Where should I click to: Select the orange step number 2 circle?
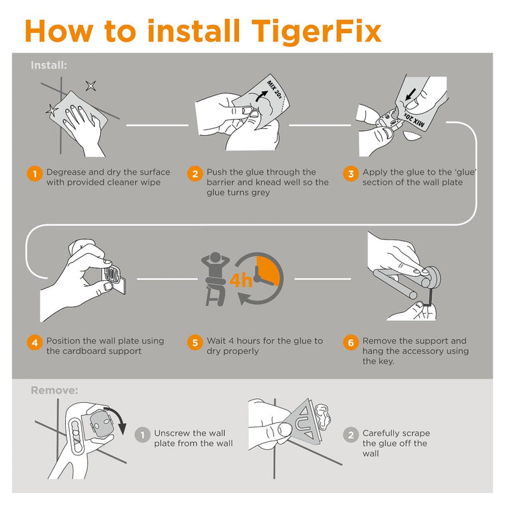pos(195,174)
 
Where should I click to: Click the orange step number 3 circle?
pos(350,174)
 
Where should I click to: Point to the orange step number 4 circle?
pos(34,342)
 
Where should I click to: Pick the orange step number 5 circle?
pos(195,342)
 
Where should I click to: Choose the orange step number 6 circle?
pos(350,342)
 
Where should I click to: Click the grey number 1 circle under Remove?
pos(142,435)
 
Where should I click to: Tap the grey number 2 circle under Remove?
pos(350,435)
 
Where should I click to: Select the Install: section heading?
pos(48,65)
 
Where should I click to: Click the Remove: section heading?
pos(54,389)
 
